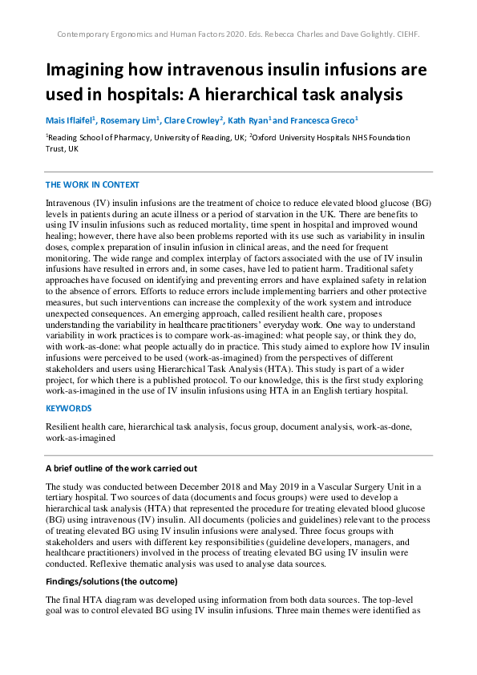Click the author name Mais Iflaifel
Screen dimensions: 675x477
[x=71, y=120]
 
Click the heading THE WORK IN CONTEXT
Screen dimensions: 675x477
[x=92, y=184]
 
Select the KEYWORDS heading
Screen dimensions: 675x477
[x=69, y=409]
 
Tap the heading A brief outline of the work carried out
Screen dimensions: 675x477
[x=122, y=468]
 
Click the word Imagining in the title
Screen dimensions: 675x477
[x=88, y=70]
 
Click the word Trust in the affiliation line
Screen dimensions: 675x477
[x=56, y=149]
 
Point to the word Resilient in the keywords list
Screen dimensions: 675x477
[x=65, y=427]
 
